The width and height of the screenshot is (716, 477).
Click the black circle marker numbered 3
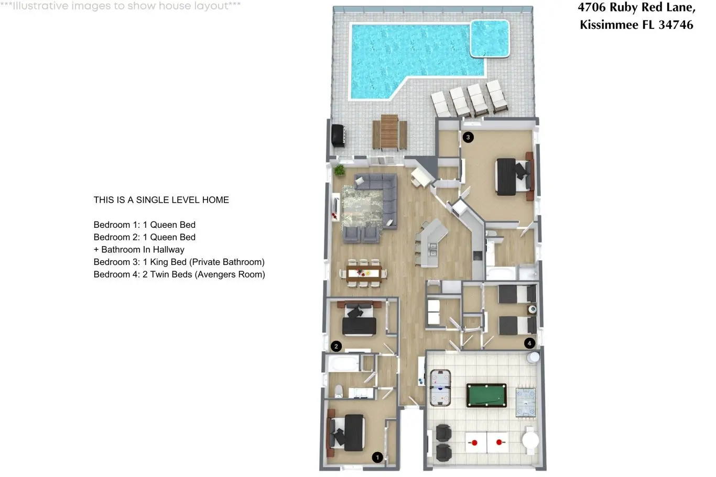(x=468, y=137)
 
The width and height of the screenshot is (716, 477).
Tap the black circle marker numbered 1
(x=377, y=457)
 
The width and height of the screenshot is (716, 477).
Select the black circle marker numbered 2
(x=336, y=347)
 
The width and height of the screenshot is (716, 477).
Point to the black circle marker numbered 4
(x=529, y=343)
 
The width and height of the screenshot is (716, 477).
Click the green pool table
(x=486, y=395)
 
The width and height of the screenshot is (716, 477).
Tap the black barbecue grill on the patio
(x=338, y=136)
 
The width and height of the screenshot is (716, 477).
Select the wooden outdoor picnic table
(x=389, y=132)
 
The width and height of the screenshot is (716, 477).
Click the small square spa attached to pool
(x=490, y=39)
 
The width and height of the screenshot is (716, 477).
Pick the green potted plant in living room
(x=339, y=170)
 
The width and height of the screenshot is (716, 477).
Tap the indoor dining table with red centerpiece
(x=363, y=274)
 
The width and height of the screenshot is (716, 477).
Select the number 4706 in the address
(x=592, y=7)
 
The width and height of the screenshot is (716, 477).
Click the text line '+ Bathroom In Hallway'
(x=139, y=250)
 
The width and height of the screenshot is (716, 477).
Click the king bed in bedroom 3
(x=513, y=176)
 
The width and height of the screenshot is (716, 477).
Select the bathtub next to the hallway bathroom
(x=343, y=363)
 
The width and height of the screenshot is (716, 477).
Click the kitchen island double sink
(x=433, y=250)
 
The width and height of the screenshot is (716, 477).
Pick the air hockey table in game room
(x=440, y=388)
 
